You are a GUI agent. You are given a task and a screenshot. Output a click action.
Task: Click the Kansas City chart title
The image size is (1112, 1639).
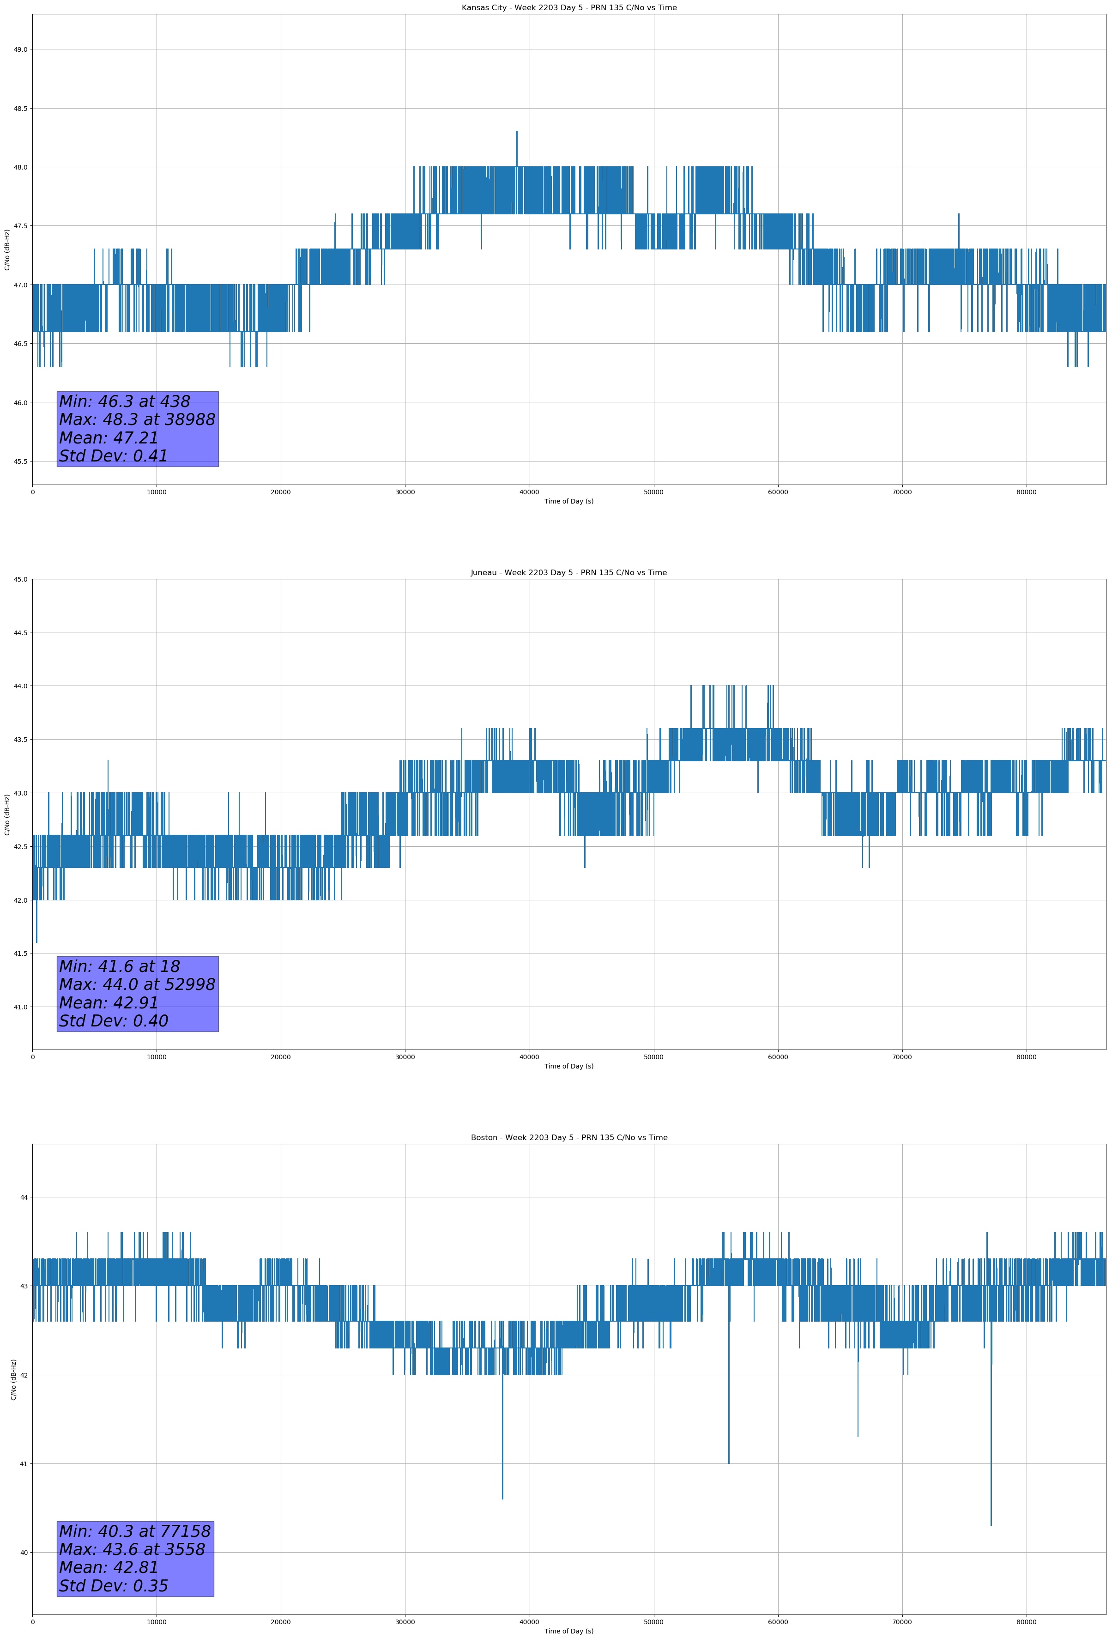click(x=568, y=8)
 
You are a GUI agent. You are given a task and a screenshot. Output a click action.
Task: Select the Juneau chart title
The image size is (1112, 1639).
click(x=568, y=573)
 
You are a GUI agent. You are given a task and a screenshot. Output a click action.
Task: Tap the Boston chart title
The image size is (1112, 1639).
click(x=568, y=1138)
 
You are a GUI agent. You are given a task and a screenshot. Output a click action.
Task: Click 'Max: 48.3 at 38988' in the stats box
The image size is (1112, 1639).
click(x=137, y=419)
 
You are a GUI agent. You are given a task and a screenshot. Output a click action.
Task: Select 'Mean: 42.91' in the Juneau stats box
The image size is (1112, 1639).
click(x=109, y=1003)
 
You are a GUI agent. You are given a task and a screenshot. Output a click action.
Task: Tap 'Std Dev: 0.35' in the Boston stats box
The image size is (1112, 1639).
click(x=114, y=1586)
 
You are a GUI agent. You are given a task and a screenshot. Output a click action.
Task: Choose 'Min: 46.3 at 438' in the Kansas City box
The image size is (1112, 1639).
click(x=124, y=401)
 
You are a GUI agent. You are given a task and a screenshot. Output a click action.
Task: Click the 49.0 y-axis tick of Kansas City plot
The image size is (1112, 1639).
click(x=20, y=49)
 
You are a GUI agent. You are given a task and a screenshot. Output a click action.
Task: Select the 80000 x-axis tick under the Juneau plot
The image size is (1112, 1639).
click(x=1026, y=1056)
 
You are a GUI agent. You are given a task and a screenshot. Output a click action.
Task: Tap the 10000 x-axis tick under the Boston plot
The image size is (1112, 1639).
click(x=157, y=1622)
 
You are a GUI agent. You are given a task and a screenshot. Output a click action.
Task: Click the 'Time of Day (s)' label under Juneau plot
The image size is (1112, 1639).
click(x=568, y=1066)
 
